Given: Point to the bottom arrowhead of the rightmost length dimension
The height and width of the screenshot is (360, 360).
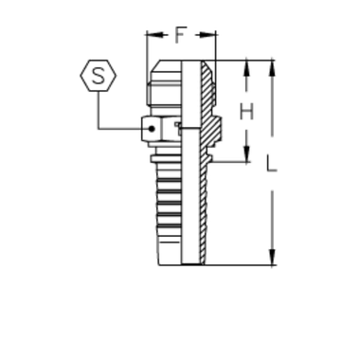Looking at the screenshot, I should coord(273,258).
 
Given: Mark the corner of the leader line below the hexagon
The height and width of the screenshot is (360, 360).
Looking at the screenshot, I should coord(97,127).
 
